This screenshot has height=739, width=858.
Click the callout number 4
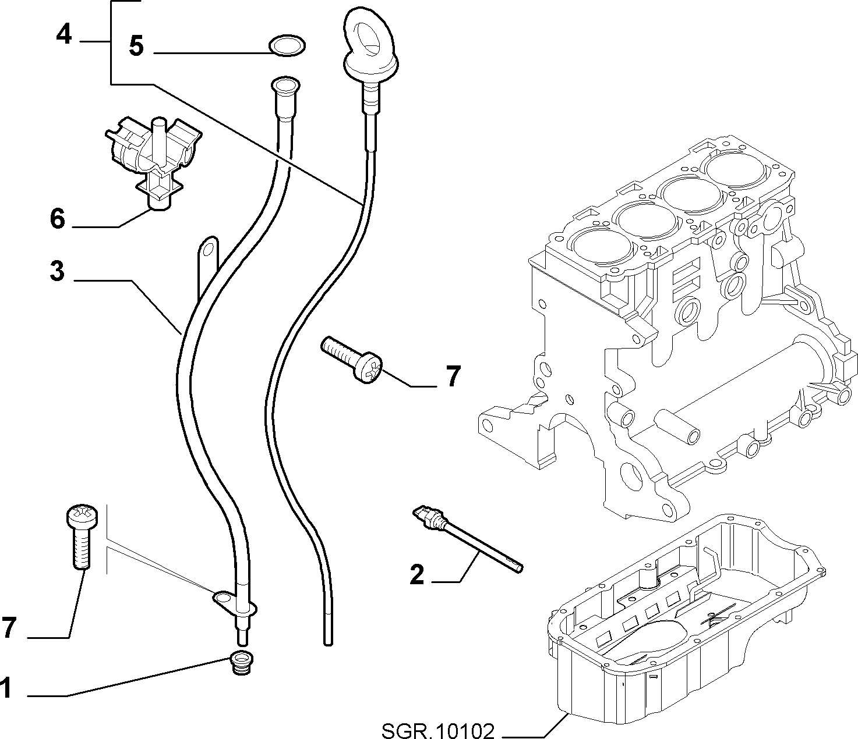point(64,35)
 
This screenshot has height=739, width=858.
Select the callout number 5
point(136,45)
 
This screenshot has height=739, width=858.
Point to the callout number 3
point(57,271)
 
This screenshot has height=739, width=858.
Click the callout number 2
point(416,574)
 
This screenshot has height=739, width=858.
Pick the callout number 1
point(6,688)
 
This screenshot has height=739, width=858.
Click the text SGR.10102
point(438,731)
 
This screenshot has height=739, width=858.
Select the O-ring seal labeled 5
point(287,45)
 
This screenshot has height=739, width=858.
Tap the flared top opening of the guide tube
point(284,84)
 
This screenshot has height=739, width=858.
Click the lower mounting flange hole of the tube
point(223,597)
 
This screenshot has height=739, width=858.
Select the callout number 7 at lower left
point(9,627)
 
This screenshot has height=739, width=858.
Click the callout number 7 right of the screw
point(453,376)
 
